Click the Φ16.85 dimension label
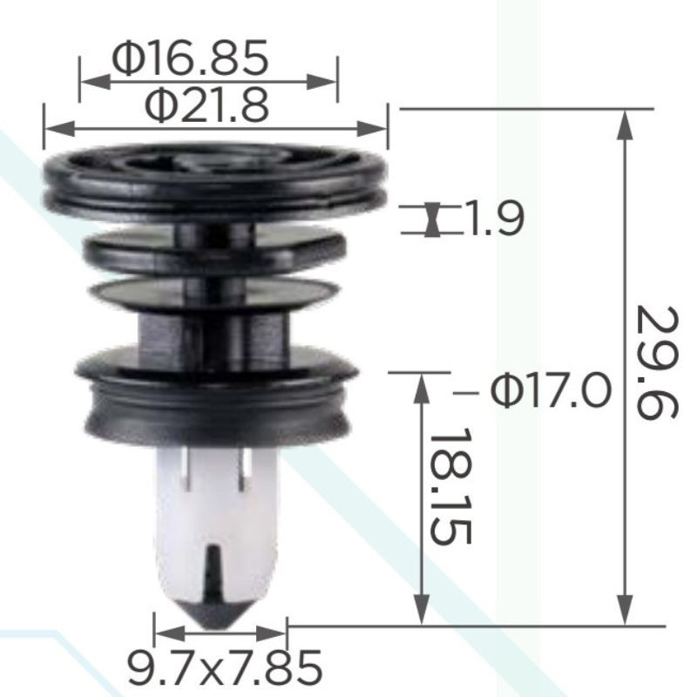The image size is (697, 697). (x=190, y=57)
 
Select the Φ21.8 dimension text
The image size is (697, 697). (x=207, y=105)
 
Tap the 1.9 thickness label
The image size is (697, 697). (x=494, y=219)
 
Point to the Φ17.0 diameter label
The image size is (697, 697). (x=551, y=390)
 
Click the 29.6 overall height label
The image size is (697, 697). (x=657, y=362)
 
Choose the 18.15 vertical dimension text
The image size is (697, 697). (x=450, y=486)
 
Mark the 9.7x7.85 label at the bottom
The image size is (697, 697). (x=225, y=667)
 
